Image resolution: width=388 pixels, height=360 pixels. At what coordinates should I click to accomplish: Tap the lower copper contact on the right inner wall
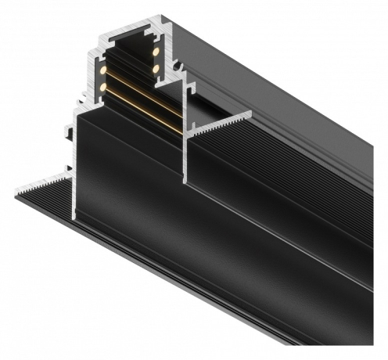pyautogui.click(x=155, y=69)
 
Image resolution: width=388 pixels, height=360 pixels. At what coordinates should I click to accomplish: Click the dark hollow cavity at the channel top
pyautogui.click(x=129, y=49)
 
